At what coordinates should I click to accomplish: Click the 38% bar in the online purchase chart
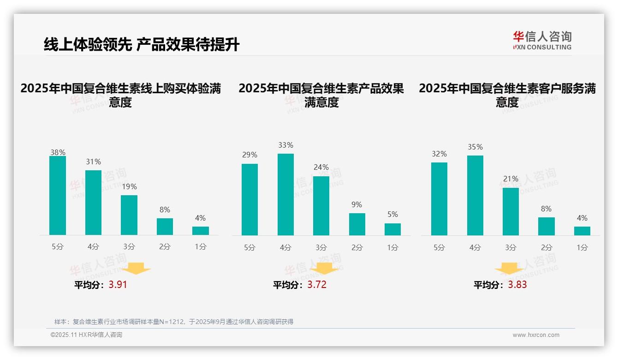(58, 196)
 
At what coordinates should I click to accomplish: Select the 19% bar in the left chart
(129, 215)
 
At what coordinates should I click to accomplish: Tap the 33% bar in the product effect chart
(285, 194)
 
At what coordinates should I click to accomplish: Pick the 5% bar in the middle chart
(392, 229)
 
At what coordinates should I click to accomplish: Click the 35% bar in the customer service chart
(475, 195)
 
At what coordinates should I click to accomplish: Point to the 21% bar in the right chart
(511, 211)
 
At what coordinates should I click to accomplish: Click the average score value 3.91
(118, 285)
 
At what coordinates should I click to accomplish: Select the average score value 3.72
(317, 285)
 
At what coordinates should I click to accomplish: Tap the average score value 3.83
(517, 285)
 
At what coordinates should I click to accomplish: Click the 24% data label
(321, 168)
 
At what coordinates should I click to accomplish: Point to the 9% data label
(357, 204)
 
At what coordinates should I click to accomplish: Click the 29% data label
(250, 155)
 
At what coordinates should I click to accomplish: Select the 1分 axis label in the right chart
(582, 247)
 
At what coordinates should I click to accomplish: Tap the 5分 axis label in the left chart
(58, 247)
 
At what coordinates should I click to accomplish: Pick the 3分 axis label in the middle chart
(321, 247)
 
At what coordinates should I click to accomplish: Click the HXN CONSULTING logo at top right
(542, 41)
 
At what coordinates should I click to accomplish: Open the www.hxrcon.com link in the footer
(536, 335)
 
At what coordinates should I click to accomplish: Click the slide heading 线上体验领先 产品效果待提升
(142, 45)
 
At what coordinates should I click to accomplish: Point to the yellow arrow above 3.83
(509, 269)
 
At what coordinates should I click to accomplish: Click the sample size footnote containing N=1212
(174, 322)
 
